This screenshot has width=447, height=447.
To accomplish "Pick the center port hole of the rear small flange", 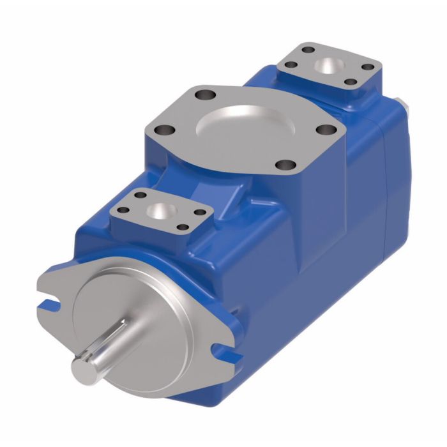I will coord(330,66).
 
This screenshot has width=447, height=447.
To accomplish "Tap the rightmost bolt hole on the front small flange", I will coord(200,212).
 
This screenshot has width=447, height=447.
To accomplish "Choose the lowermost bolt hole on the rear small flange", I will coord(349,82).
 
